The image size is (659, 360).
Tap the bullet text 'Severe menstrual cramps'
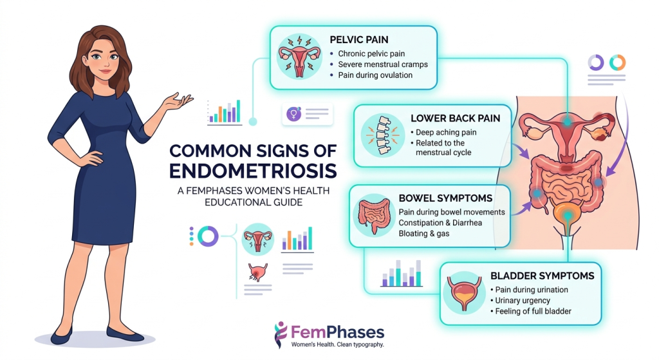(383, 64)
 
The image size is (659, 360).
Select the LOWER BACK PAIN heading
(455, 118)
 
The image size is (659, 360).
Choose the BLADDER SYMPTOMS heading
(542, 276)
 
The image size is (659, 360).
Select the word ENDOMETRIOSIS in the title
(253, 171)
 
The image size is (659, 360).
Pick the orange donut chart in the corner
(617, 62)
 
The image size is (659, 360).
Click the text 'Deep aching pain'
(446, 132)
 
